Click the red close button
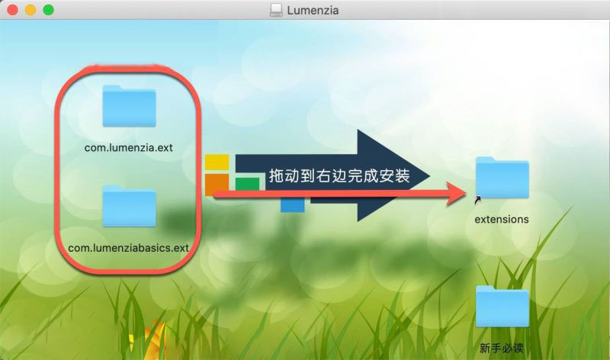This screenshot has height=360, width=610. (12, 10)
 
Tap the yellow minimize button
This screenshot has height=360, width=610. (30, 10)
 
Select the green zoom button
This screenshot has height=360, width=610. (48, 10)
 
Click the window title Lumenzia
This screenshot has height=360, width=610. (313, 11)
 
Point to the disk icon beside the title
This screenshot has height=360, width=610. (276, 10)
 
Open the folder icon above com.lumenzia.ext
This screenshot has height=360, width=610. (129, 106)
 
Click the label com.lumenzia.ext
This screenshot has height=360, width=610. (129, 148)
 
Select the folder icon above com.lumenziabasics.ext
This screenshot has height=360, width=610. (129, 206)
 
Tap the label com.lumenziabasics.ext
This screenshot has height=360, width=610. (128, 248)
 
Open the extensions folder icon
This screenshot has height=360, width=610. (502, 178)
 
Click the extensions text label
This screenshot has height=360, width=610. (502, 220)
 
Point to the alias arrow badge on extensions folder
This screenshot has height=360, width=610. (478, 200)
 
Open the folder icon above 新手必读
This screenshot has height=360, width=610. (502, 307)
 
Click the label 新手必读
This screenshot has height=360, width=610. (502, 348)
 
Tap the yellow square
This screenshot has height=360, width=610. (217, 162)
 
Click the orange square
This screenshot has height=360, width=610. (217, 184)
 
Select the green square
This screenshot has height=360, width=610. (247, 184)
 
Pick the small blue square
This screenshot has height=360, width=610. (293, 205)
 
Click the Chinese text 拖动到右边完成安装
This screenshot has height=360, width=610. (339, 176)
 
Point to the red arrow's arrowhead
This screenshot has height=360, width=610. (457, 194)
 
